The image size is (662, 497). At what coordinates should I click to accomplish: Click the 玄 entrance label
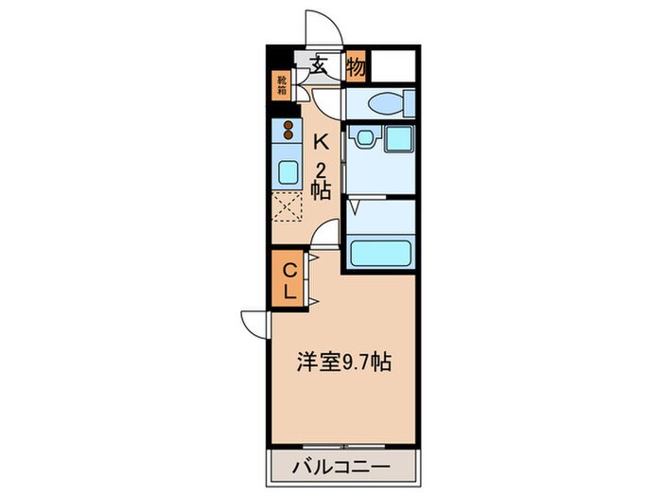point(319,66)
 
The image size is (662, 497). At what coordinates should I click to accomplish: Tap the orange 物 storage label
point(356,66)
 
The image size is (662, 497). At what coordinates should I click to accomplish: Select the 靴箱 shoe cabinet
point(282,86)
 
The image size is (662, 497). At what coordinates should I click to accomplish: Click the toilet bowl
point(386,103)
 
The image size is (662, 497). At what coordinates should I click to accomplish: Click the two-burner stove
point(287,131)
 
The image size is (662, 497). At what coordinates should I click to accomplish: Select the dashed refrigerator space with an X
point(287,207)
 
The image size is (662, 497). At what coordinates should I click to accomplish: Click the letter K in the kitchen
point(321,143)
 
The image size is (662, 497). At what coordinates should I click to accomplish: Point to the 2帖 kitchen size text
point(322,181)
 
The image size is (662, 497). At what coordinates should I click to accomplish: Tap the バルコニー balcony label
point(343,468)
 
